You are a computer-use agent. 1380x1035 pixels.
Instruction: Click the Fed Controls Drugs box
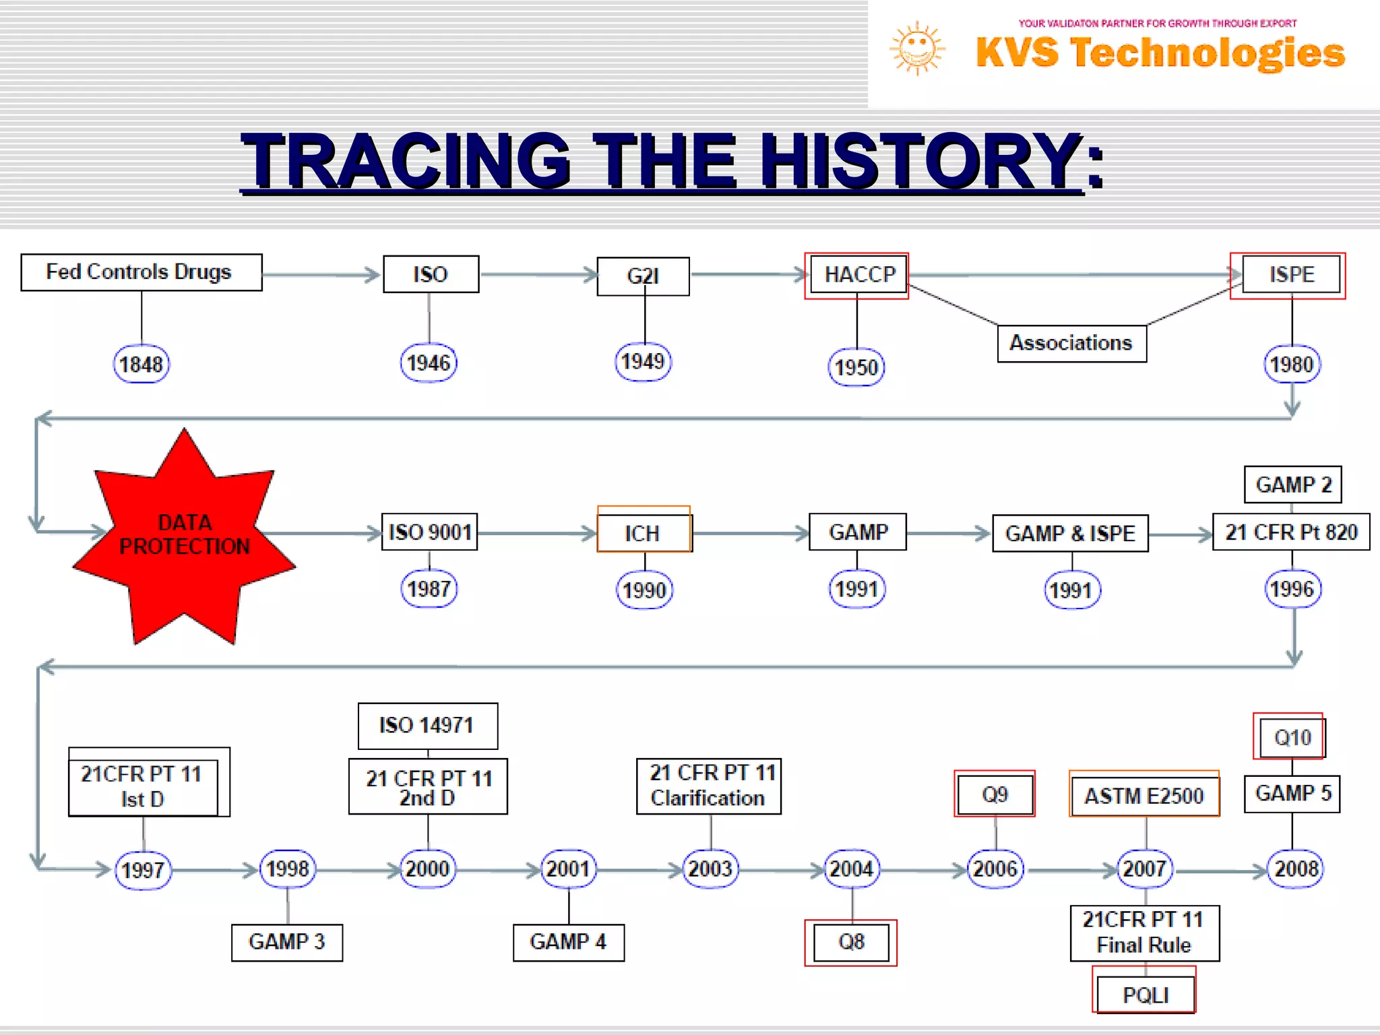142,272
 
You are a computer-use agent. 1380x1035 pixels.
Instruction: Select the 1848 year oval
141,365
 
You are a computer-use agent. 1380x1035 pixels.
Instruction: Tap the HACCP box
858,275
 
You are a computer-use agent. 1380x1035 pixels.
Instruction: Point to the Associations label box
1071,344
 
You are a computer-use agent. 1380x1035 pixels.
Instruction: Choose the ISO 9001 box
429,532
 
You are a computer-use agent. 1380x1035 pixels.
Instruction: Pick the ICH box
644,533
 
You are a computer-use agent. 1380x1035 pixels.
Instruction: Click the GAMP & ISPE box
1070,534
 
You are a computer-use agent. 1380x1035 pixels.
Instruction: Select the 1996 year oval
1292,590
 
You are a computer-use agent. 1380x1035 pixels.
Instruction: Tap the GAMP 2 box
1292,484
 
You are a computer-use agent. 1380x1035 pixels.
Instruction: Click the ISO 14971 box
427,726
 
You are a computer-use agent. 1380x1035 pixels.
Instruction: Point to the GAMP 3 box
286,942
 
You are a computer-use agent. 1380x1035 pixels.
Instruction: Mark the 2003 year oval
710,869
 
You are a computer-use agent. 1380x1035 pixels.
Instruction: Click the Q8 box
851,942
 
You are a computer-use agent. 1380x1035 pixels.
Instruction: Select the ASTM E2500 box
1144,796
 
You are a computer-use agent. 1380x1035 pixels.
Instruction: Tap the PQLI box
1145,995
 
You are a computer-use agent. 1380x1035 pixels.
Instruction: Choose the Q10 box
1291,738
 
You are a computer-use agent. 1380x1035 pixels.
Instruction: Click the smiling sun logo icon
917,49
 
